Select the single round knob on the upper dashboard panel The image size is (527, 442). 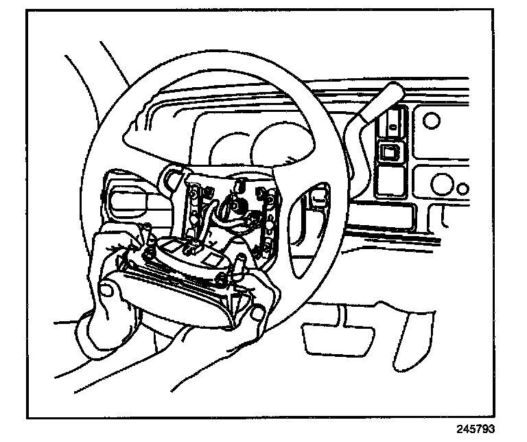click(431, 121)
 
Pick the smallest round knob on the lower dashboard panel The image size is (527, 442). click(464, 188)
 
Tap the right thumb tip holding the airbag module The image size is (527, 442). click(257, 314)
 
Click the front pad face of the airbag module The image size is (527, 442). click(178, 302)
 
